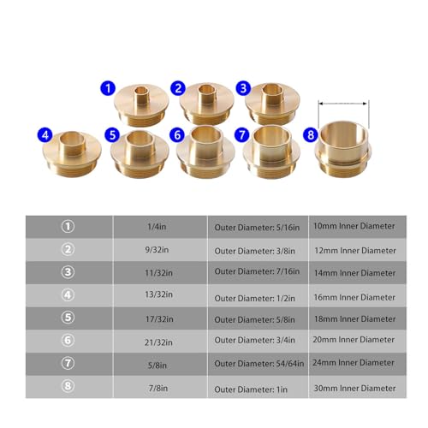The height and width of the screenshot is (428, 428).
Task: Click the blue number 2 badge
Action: tap(177, 87)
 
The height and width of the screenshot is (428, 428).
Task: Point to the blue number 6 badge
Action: tap(176, 135)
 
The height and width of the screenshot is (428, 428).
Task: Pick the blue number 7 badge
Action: tap(242, 135)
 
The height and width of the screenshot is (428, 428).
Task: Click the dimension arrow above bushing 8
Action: tap(342, 104)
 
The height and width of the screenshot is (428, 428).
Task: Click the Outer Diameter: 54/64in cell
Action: tap(258, 362)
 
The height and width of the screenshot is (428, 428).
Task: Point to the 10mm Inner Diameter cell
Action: tap(354, 226)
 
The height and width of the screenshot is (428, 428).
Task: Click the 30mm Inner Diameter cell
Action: tap(354, 386)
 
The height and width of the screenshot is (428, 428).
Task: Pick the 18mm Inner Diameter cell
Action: tap(354, 318)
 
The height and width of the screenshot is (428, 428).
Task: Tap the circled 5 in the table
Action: tap(68, 318)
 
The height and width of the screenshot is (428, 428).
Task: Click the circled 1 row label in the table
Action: tap(68, 226)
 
